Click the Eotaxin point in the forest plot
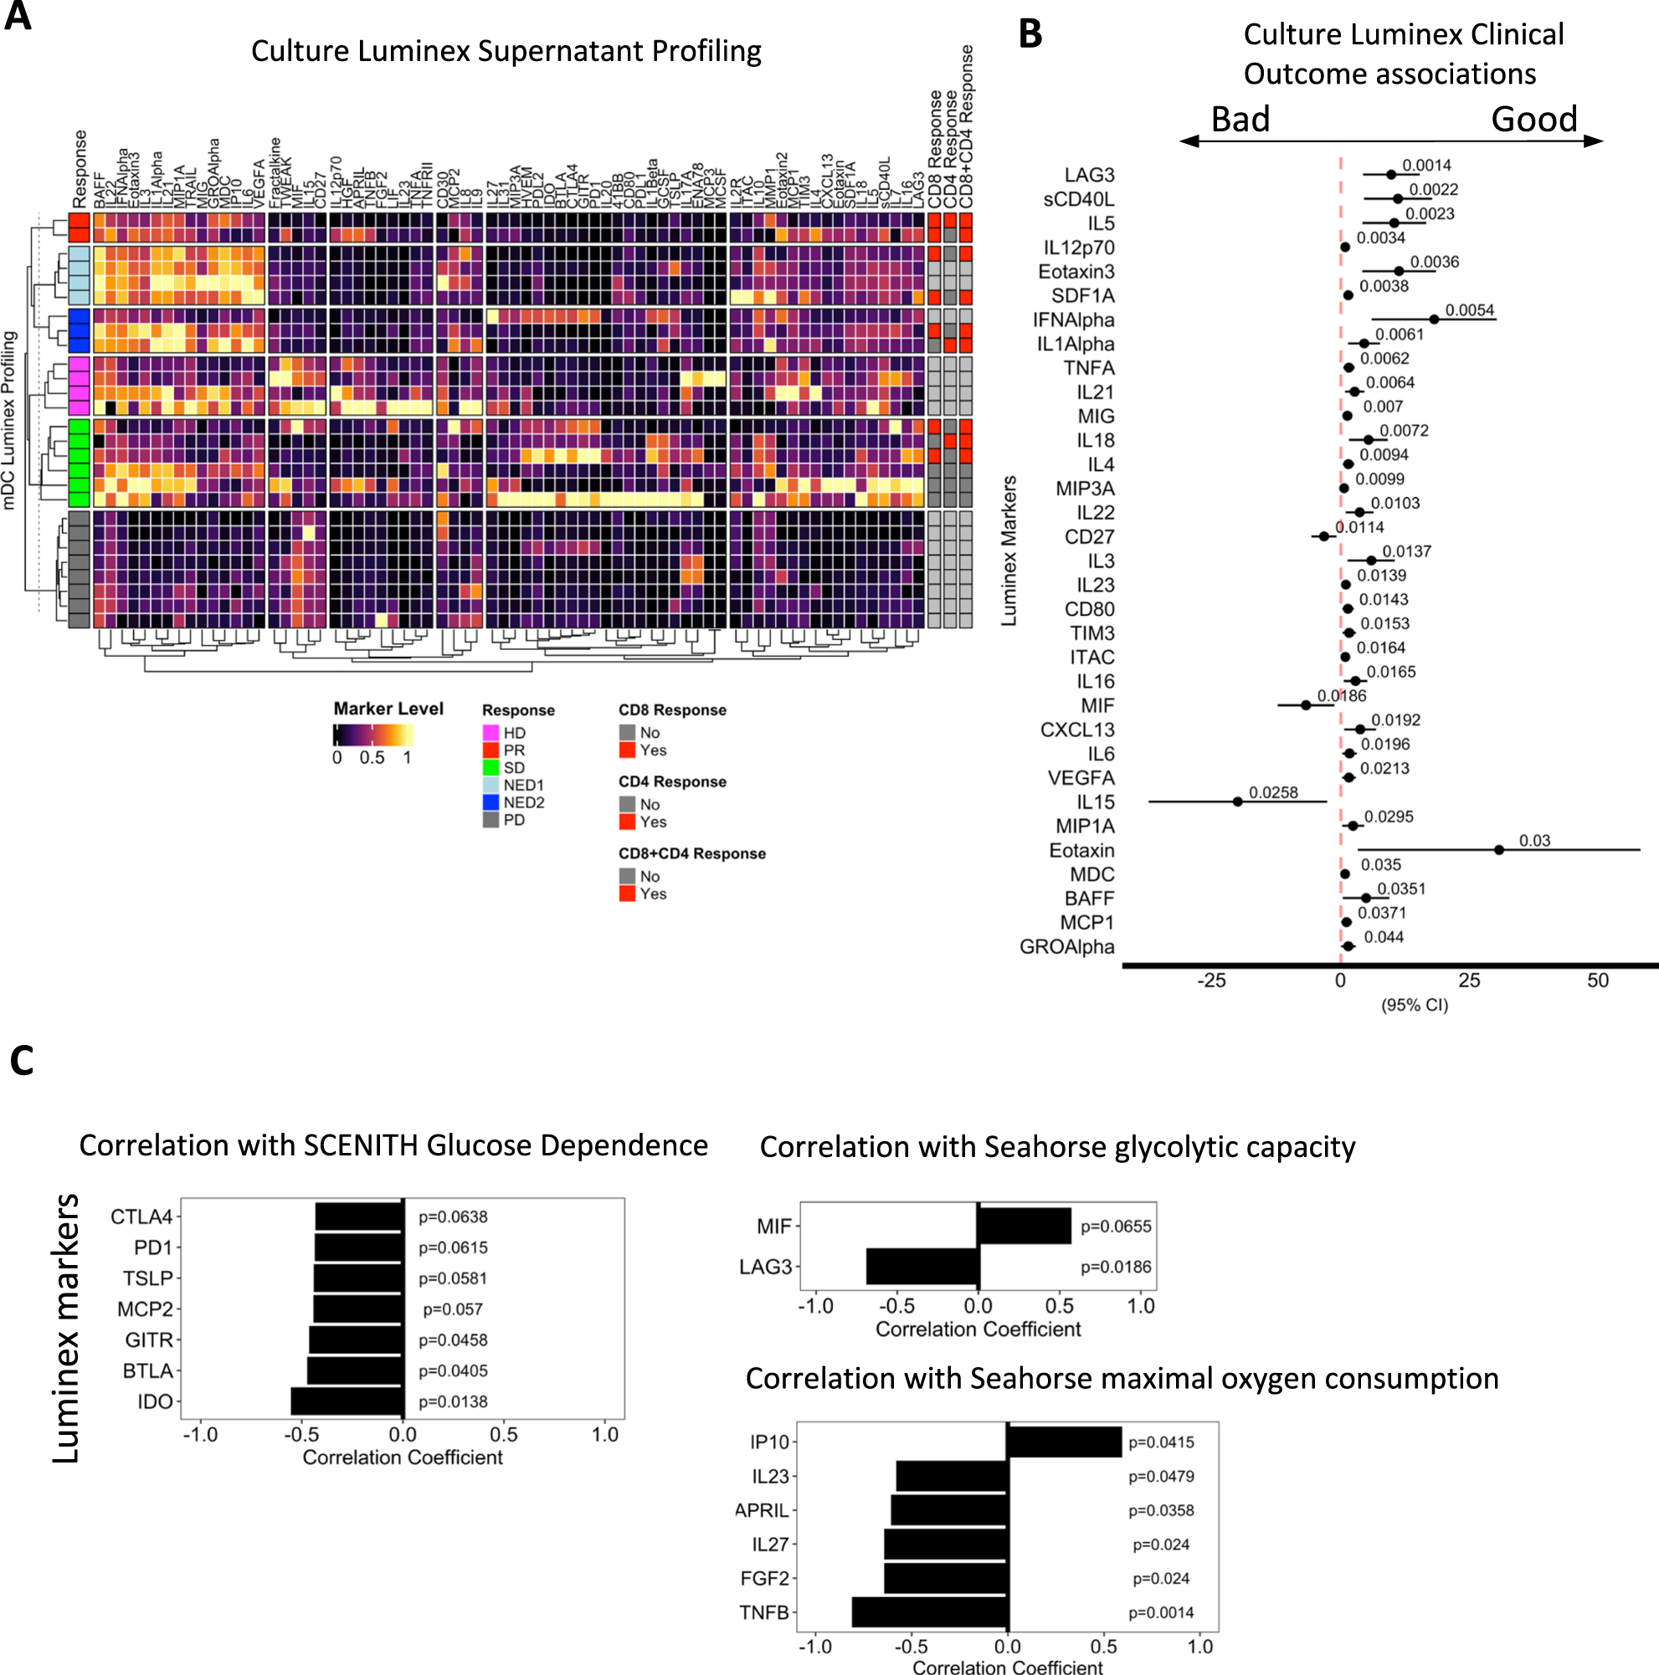tap(1498, 850)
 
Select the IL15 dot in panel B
tap(1237, 801)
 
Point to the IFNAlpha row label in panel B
tap(1073, 320)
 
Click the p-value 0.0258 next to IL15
tap(1273, 792)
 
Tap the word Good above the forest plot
tap(1533, 119)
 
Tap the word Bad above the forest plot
tap(1240, 119)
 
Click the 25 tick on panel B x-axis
tap(1469, 981)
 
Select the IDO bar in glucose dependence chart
tap(347, 1402)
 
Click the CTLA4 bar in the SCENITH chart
tap(359, 1217)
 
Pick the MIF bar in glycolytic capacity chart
tap(1025, 1226)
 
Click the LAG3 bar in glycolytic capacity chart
tap(922, 1267)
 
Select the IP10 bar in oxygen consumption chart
tap(1064, 1442)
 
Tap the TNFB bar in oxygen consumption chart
tap(931, 1612)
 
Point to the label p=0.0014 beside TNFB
tap(1160, 1612)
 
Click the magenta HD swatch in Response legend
tap(491, 734)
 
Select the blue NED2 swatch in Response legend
tap(491, 803)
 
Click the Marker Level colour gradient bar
tap(373, 735)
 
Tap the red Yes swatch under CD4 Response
tap(627, 822)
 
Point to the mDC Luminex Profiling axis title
tap(8, 421)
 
